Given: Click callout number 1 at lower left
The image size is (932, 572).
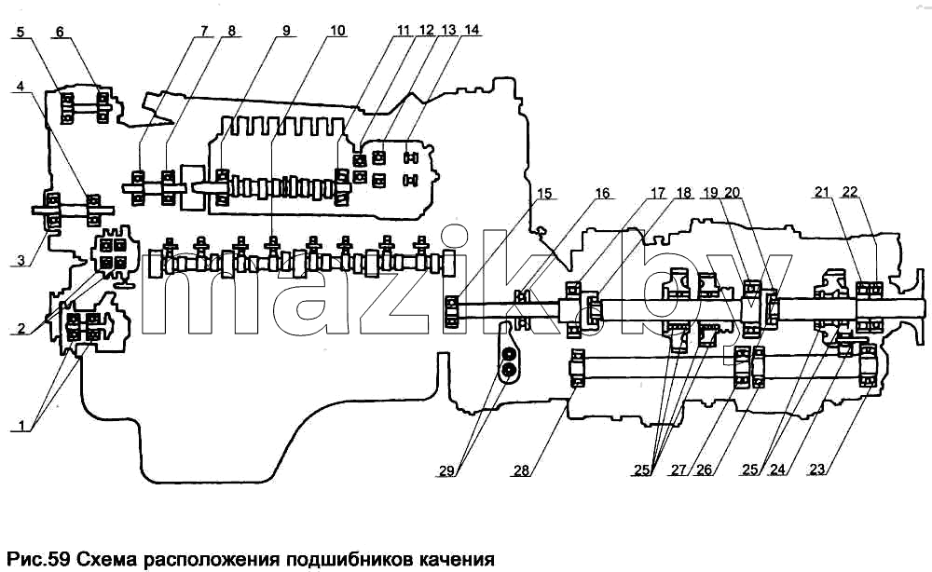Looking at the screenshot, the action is coord(22,426).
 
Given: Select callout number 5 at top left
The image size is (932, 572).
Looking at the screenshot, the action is coord(21,32).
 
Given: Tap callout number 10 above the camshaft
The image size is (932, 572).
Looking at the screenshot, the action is coord(337,31).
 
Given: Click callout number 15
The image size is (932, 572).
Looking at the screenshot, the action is coord(544,194).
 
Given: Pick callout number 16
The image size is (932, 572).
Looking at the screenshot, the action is coord(602,193).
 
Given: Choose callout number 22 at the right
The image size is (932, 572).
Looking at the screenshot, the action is coord(850,191).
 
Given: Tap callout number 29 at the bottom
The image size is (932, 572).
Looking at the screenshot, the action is coord(447,471).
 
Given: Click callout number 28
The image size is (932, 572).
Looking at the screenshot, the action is coord(521,470).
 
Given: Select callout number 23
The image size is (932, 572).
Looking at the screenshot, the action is coord(817,470).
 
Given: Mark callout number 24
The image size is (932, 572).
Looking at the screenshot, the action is coord(777,470).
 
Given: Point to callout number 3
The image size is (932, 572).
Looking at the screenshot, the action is coord(21,260).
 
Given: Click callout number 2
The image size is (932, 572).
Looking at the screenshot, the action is coord(21,329).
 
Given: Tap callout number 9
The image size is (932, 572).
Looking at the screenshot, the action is coord(286,31).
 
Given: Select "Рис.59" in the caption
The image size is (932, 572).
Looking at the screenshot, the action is coord(38,560).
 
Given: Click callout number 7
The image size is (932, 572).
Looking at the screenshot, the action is coord(205,31).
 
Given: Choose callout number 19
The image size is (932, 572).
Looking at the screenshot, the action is coord(710,193).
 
